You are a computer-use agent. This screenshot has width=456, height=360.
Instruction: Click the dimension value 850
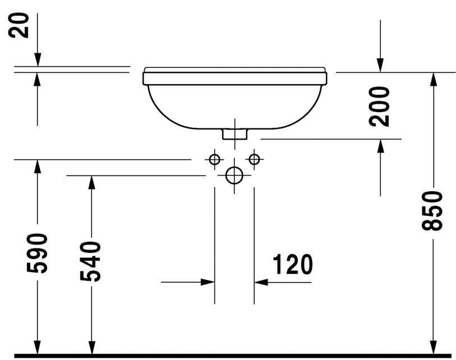click(433, 210)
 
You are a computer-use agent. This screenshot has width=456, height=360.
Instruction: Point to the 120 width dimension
click(292, 264)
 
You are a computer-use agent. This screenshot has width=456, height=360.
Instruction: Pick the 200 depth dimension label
click(380, 106)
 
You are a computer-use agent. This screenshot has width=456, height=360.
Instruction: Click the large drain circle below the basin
click(234, 176)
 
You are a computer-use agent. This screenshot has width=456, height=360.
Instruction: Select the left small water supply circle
click(214, 160)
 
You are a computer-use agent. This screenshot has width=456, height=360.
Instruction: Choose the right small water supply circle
click(254, 160)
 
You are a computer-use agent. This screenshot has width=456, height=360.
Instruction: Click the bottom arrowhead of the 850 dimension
click(433, 348)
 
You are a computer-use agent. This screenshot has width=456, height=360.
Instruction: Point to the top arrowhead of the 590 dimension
click(38, 167)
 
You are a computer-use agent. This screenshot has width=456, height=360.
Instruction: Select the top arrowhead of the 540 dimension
click(90, 183)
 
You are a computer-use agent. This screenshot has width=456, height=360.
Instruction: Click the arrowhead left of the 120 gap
click(208, 282)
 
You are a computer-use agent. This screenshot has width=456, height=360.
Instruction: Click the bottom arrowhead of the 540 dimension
click(90, 348)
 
